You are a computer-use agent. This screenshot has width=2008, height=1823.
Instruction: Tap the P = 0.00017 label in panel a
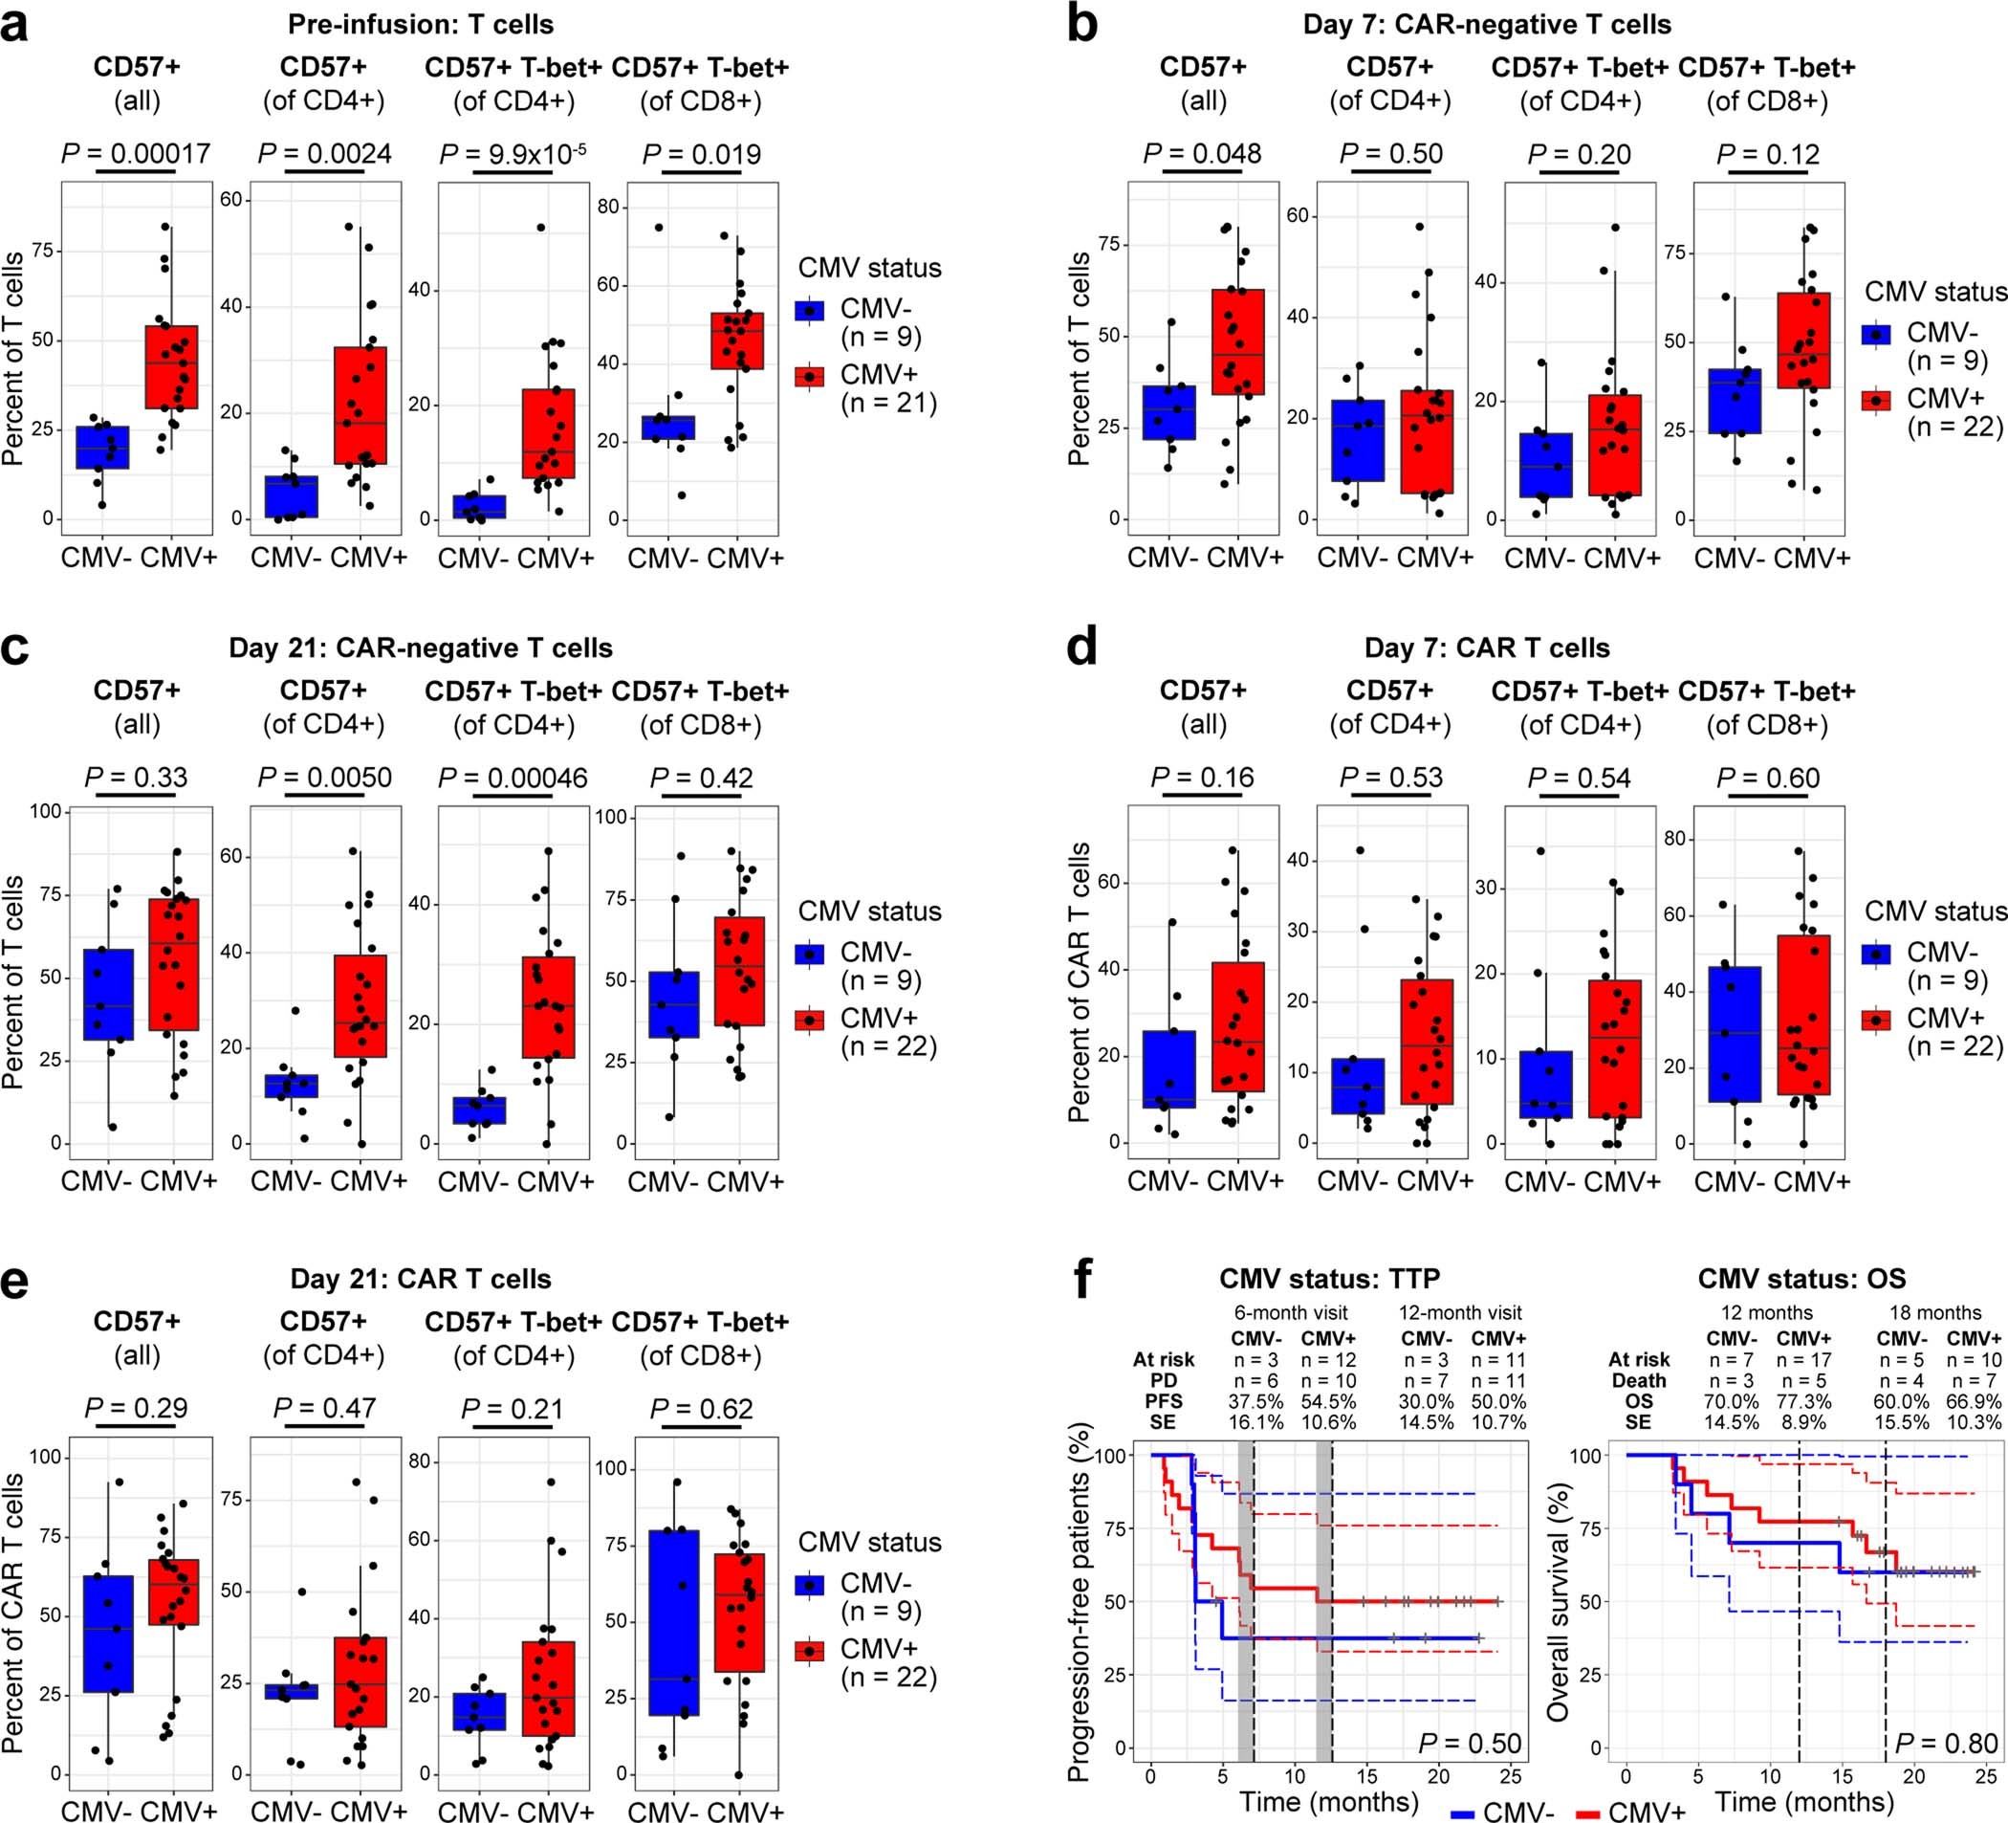click(137, 153)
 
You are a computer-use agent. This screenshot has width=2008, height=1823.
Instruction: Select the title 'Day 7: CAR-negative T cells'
click(1487, 24)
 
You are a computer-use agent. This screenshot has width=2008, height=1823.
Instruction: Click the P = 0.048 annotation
click(1202, 153)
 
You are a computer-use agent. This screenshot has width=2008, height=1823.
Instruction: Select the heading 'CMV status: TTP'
click(1330, 1278)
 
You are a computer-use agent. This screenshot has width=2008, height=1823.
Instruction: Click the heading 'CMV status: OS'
click(1801, 1278)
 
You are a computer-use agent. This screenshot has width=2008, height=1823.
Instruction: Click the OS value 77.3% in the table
click(1802, 1400)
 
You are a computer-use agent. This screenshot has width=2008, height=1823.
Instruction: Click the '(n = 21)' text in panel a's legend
click(889, 403)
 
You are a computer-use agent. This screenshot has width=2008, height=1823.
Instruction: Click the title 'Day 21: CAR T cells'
click(421, 1278)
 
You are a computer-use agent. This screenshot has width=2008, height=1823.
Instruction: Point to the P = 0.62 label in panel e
click(701, 1408)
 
